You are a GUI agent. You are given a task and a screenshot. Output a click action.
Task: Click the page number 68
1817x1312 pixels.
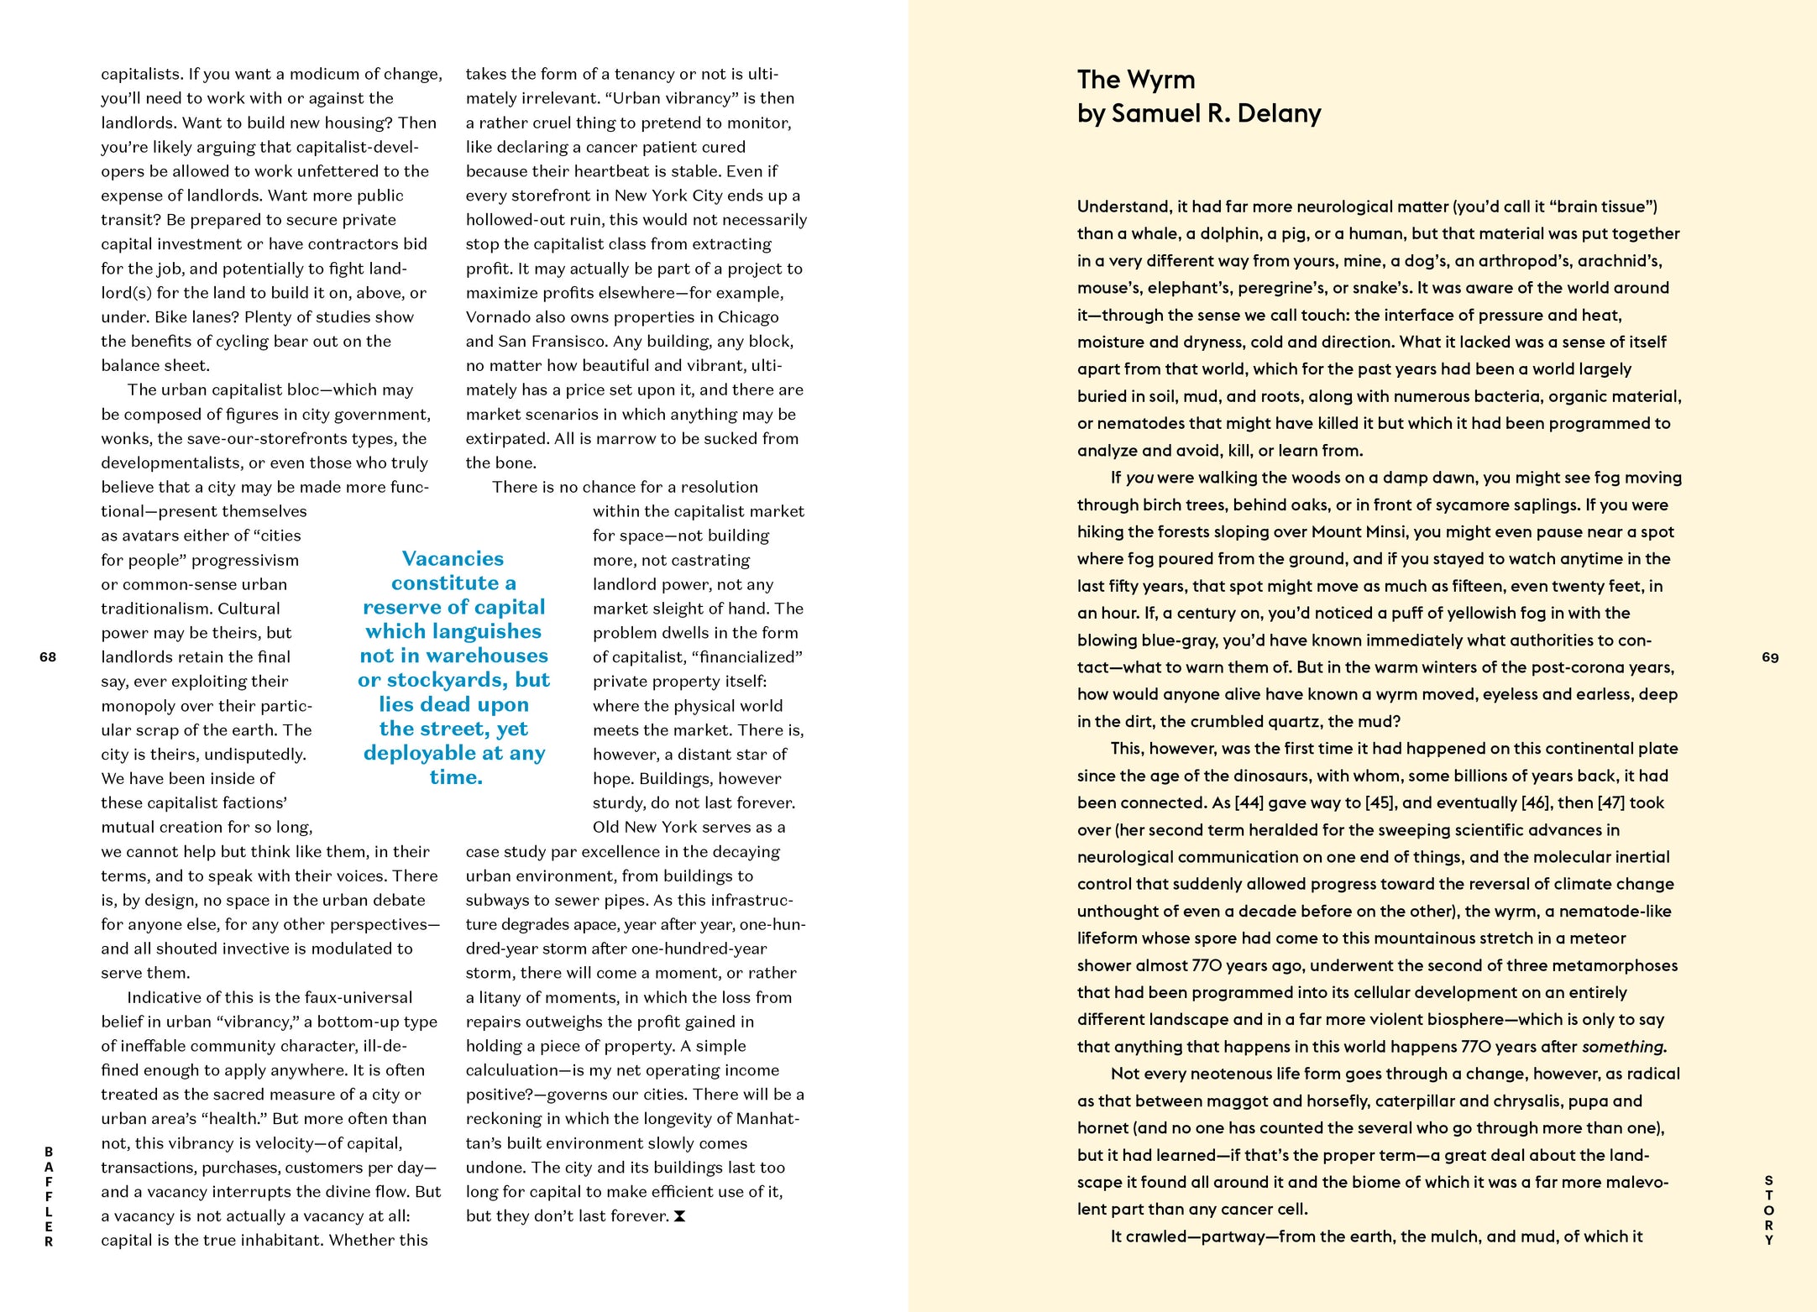coord(48,657)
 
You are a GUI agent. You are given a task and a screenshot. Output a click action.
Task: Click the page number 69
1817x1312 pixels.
coord(1770,657)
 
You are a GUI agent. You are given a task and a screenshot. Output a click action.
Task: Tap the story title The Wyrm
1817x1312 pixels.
coord(1135,80)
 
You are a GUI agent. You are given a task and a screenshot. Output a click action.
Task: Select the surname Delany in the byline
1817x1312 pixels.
coord(1279,113)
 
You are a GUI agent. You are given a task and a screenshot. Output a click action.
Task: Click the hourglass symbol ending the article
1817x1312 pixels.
coord(680,1216)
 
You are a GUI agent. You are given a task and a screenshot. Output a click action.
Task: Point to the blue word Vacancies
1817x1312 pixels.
coord(453,559)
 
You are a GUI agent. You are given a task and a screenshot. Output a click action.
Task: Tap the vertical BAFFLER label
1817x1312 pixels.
coord(49,1196)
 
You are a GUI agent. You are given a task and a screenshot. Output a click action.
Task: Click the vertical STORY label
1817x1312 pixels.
coord(1768,1210)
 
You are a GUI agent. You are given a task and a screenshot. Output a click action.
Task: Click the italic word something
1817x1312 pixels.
coord(1623,1047)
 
